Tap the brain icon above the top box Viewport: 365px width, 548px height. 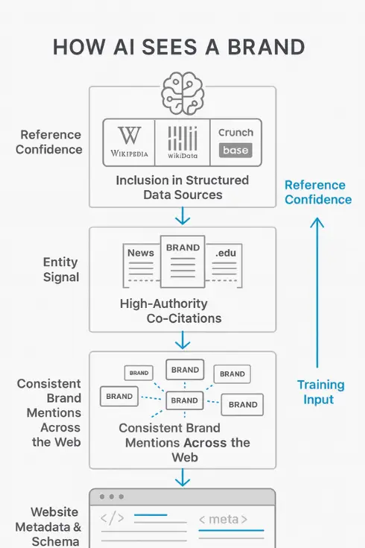click(x=182, y=92)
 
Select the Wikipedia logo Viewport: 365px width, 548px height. click(x=129, y=141)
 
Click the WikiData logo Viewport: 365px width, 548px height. click(x=182, y=141)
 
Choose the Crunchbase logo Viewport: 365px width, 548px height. click(x=235, y=141)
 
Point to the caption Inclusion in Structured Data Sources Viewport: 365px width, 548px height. click(x=182, y=187)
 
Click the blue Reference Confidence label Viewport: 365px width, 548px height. click(x=317, y=192)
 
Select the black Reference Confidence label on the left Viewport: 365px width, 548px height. click(x=51, y=142)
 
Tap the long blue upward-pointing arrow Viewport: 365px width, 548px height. click(x=317, y=291)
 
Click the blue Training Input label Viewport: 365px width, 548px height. click(x=320, y=392)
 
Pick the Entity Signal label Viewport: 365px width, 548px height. click(x=60, y=270)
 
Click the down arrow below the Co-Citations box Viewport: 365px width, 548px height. click(x=182, y=341)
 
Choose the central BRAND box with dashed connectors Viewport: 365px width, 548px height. click(x=184, y=400)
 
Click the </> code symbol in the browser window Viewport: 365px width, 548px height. click(x=112, y=517)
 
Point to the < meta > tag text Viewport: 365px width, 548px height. click(x=223, y=519)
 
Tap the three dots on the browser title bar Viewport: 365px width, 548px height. click(x=111, y=497)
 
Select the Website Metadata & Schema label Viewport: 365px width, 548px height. click(x=50, y=526)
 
